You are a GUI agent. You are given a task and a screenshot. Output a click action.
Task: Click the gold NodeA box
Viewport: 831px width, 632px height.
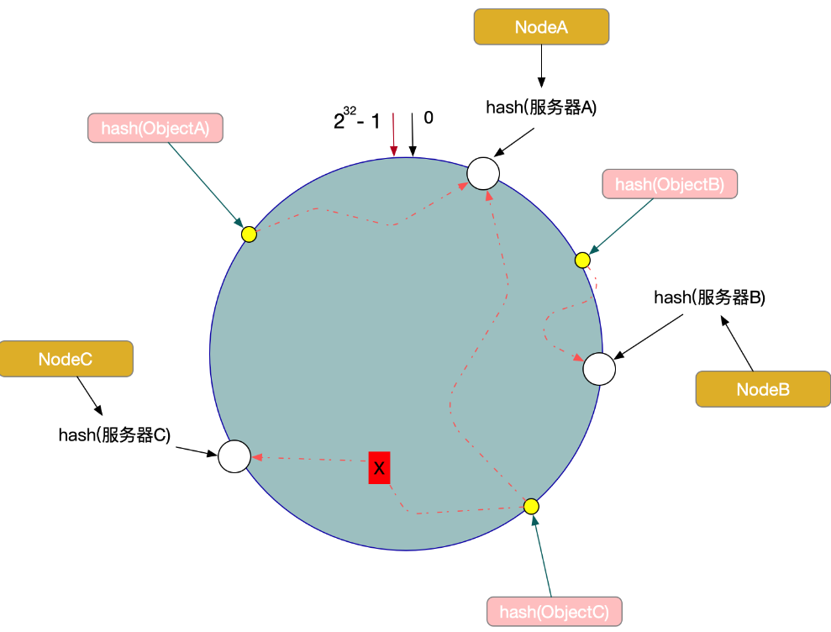(x=541, y=27)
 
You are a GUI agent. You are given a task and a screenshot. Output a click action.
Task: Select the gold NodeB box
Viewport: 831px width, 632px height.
(x=762, y=389)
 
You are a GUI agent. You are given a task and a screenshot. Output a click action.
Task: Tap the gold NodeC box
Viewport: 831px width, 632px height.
(x=66, y=359)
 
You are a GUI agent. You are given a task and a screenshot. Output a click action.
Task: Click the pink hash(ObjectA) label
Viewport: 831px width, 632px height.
(x=155, y=128)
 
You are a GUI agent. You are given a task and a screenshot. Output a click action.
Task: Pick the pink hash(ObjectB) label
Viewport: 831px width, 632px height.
(x=670, y=184)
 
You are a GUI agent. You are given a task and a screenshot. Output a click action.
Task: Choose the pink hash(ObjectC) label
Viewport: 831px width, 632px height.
(x=555, y=611)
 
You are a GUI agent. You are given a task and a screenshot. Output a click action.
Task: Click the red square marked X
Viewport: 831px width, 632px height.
(x=379, y=467)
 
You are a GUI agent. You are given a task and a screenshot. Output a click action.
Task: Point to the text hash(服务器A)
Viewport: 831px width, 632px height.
(x=541, y=108)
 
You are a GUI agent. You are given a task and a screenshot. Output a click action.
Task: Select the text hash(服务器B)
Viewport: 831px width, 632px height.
(x=709, y=297)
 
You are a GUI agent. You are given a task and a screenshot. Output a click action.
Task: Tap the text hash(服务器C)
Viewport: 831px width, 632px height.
(x=114, y=434)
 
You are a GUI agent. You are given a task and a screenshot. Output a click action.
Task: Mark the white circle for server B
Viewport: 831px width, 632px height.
(x=599, y=369)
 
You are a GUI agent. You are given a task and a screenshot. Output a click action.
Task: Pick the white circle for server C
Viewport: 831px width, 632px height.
(x=234, y=456)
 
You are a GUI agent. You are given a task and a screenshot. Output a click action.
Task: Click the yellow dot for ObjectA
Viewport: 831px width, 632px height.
(x=249, y=234)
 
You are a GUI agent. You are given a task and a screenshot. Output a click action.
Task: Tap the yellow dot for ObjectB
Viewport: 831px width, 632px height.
(x=582, y=260)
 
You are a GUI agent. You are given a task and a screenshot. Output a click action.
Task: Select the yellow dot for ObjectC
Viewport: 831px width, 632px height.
(x=531, y=506)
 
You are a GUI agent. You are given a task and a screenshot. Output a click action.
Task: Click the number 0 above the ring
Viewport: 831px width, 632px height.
(x=429, y=118)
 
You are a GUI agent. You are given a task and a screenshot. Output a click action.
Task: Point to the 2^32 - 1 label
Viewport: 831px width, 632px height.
(x=356, y=120)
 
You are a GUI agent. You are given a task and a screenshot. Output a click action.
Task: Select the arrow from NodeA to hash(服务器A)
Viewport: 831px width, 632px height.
(x=541, y=66)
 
